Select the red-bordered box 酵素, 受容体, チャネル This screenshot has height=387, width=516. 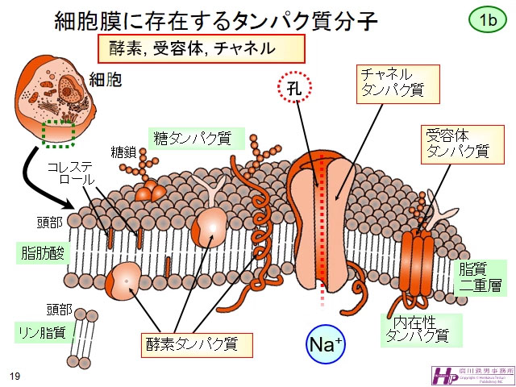tap(202, 48)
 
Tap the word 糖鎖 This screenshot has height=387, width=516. tap(123, 152)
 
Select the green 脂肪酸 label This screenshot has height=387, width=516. tap(42, 252)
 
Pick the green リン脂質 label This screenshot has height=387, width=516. tap(41, 331)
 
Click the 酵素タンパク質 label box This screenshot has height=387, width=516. tap(194, 343)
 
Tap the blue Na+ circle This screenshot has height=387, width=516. tap(326, 345)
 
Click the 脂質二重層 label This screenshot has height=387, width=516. tap(482, 277)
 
